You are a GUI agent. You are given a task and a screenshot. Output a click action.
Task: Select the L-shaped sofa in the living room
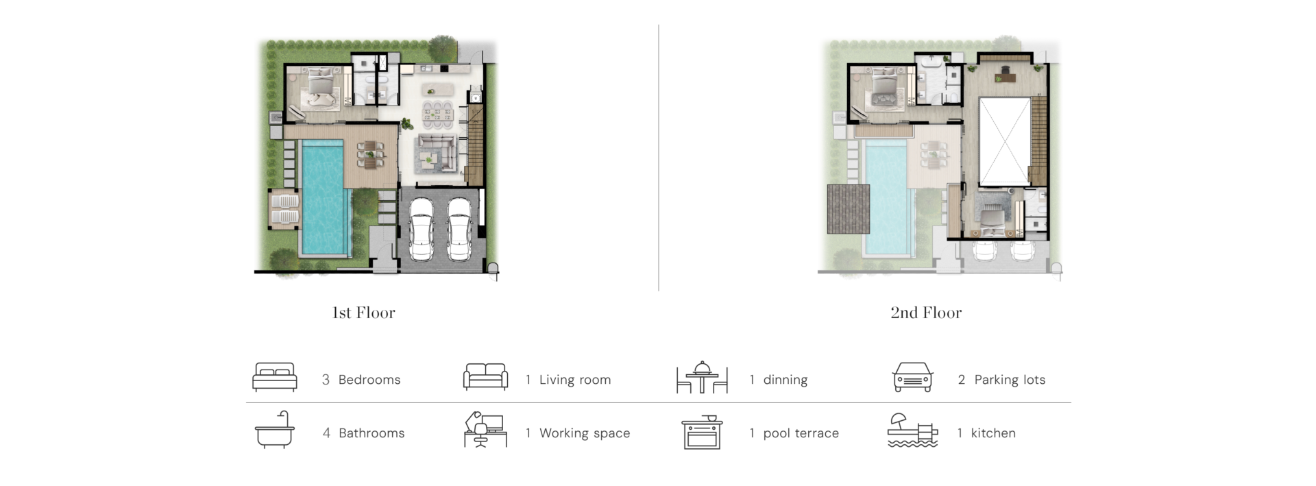pos(437,154)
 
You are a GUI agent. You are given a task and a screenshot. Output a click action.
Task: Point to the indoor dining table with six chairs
pos(437,114)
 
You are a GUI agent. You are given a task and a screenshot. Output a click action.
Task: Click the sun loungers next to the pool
pos(284,209)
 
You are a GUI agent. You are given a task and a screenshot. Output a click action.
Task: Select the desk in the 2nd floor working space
pos(1005,74)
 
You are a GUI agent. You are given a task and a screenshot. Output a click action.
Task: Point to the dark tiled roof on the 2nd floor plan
pos(849,209)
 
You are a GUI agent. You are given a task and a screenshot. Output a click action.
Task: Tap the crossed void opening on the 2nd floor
pos(1005,142)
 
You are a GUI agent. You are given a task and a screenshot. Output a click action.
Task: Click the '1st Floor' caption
pos(363,313)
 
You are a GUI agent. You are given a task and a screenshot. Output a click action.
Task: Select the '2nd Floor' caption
pos(926,313)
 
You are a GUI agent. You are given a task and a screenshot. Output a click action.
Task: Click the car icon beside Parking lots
pos(913,377)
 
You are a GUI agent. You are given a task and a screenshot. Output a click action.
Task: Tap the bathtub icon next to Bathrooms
pos(275,430)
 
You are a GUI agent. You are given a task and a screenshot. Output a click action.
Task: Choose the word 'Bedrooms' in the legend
pos(369,380)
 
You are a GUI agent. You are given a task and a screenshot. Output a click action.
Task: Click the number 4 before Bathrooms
pos(326,433)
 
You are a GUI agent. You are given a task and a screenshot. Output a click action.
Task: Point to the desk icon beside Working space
pos(485,430)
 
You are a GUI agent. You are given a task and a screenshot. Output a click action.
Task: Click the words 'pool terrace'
pos(801,433)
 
